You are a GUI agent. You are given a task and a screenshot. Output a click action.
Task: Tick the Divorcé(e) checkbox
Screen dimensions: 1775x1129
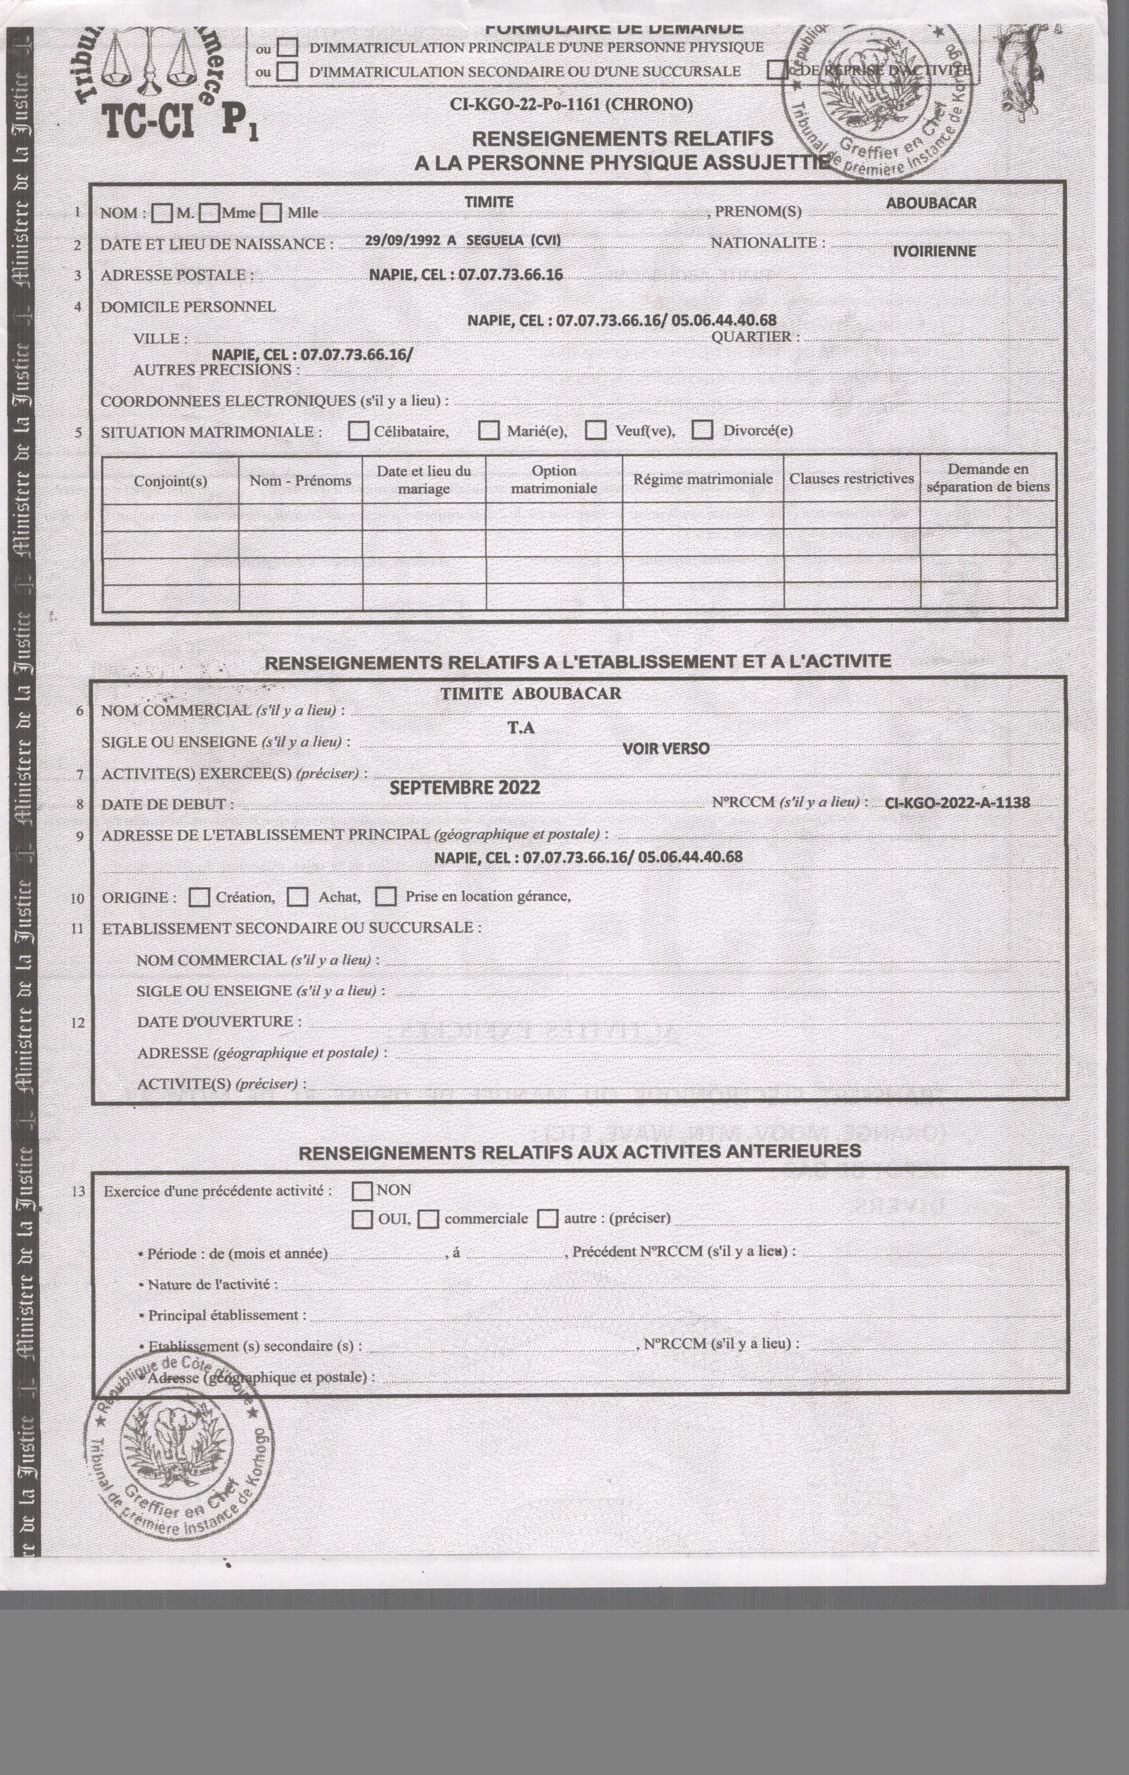pyautogui.click(x=702, y=430)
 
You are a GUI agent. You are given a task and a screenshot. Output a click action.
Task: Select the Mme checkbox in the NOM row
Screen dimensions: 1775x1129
pyautogui.click(x=210, y=214)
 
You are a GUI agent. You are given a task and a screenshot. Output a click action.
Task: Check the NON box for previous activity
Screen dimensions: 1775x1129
pyautogui.click(x=362, y=1191)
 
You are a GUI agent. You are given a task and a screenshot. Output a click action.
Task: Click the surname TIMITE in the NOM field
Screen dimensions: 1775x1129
pyautogui.click(x=488, y=202)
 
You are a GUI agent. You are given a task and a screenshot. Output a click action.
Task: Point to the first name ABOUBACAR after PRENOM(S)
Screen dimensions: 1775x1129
pyautogui.click(x=931, y=203)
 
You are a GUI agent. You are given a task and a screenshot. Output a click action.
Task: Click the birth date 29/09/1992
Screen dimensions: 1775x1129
pyautogui.click(x=402, y=240)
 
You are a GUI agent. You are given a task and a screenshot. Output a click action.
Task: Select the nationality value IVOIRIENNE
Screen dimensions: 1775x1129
pyautogui.click(x=934, y=251)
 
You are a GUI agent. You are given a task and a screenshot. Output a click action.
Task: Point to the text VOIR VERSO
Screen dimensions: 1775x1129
pyautogui.click(x=666, y=749)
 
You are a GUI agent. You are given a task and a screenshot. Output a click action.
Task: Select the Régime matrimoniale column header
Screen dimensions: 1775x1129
pyautogui.click(x=702, y=479)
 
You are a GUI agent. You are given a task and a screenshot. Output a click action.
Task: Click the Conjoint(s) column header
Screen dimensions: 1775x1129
pyautogui.click(x=170, y=481)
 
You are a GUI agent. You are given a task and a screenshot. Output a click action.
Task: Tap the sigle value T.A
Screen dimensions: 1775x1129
pyautogui.click(x=520, y=727)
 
